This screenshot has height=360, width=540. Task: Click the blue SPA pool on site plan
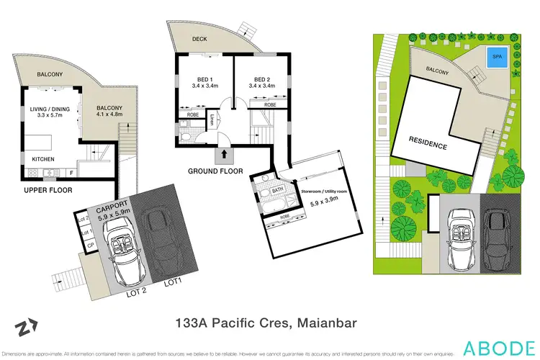(495, 57)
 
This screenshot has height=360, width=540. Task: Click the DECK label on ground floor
(199, 40)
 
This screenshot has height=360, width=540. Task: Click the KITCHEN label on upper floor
(45, 158)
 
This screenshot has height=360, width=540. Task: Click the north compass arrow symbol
(25, 328)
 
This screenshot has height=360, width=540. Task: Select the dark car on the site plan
(496, 238)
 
